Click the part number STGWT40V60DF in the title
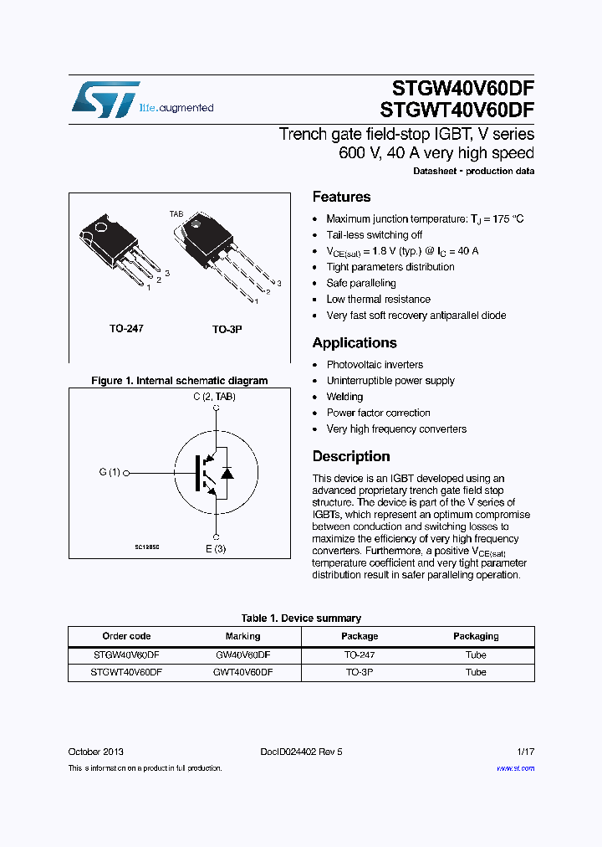pos(457,110)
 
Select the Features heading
pos(341,197)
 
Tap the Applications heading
pos(355,342)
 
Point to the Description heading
pos(351,456)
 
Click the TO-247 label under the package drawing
pos(126,329)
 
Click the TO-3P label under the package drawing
pos(227,330)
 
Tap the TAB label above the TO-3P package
pos(176,214)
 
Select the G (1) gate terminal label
pos(109,472)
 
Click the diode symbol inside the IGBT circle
pos(227,473)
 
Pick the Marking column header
pos(242,636)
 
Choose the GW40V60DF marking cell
pos(242,654)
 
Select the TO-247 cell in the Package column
pos(360,654)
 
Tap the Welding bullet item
pos(344,397)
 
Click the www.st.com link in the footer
pos(515,767)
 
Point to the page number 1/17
pos(524,752)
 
